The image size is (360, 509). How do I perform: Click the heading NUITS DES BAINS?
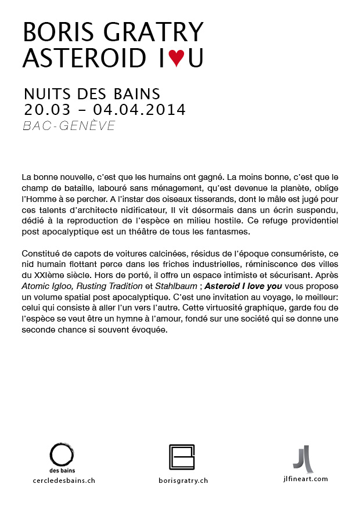click(92, 94)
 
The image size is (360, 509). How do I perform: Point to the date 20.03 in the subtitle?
click(45, 109)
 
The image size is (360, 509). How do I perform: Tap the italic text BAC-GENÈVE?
click(69, 126)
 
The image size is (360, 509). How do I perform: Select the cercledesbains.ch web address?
click(63, 481)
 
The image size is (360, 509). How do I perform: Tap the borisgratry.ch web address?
click(183, 481)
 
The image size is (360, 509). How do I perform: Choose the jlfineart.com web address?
click(303, 479)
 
